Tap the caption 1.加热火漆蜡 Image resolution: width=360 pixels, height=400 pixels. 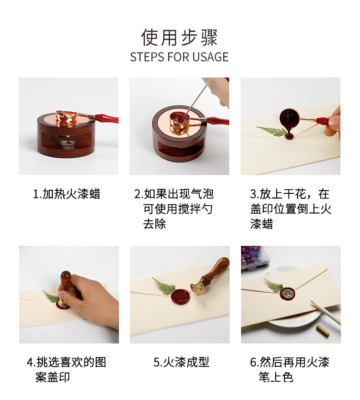67,194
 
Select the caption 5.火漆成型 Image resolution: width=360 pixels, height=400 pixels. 181,363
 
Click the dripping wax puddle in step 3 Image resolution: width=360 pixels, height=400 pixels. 289,135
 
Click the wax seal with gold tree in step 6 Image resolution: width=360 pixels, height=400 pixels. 288,294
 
